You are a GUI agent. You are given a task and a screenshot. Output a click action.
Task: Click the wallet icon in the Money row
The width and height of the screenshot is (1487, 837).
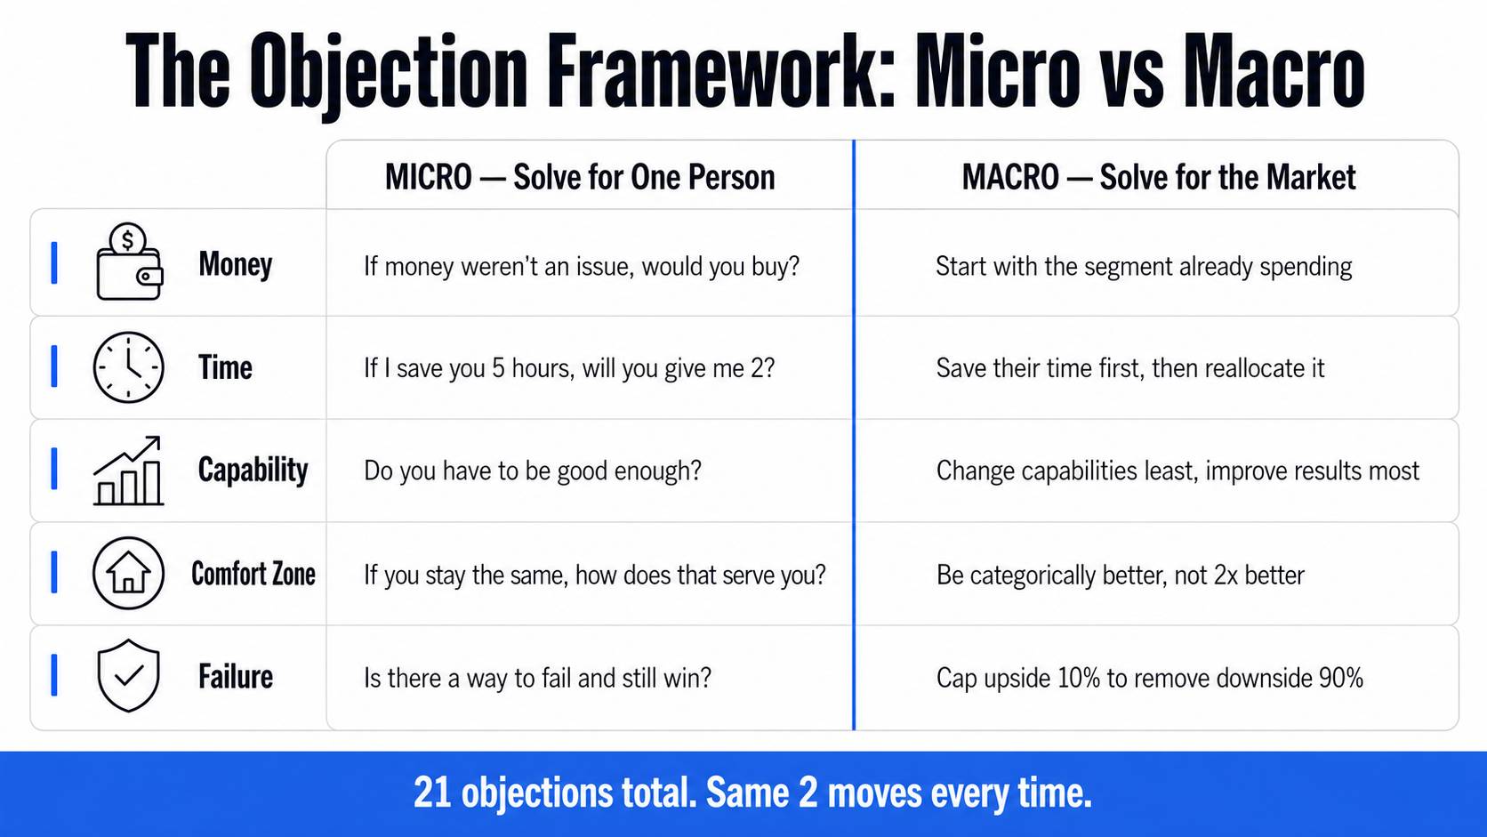130,262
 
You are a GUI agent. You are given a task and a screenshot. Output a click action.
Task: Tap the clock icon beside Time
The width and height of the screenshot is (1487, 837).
128,367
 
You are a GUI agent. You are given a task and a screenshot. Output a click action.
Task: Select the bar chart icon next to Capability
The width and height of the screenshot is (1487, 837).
128,471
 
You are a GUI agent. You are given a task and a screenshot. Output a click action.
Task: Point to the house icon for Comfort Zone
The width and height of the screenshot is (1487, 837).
128,574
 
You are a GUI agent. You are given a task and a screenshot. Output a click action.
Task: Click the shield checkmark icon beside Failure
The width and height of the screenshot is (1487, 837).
128,676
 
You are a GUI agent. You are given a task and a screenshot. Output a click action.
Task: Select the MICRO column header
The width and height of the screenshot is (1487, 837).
580,177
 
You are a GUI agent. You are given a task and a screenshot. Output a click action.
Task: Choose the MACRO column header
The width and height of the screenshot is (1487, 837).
1159,177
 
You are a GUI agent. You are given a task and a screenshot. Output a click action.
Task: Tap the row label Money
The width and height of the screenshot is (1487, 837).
235,264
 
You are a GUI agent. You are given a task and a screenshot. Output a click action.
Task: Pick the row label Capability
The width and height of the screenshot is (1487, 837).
253,471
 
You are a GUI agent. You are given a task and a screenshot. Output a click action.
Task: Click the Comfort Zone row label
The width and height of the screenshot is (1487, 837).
253,574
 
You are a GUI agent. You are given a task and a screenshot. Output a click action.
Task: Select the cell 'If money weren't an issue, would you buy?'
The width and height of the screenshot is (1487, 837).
582,267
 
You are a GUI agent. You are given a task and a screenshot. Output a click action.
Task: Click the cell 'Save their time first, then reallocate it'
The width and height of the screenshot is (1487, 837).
1129,368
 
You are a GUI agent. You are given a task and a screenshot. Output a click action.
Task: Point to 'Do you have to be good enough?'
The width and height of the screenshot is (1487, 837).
533,471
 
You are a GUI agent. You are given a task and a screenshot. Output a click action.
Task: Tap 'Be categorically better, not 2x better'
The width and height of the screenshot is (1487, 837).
1120,575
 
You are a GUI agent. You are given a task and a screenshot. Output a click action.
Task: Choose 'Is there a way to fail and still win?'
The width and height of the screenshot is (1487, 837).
537,679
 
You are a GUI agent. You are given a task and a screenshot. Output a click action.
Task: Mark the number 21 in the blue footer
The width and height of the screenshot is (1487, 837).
432,793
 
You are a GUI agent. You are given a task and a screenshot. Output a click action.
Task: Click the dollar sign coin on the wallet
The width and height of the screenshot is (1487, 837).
127,239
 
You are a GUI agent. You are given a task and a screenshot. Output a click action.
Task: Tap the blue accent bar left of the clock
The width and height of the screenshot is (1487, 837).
54,366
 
